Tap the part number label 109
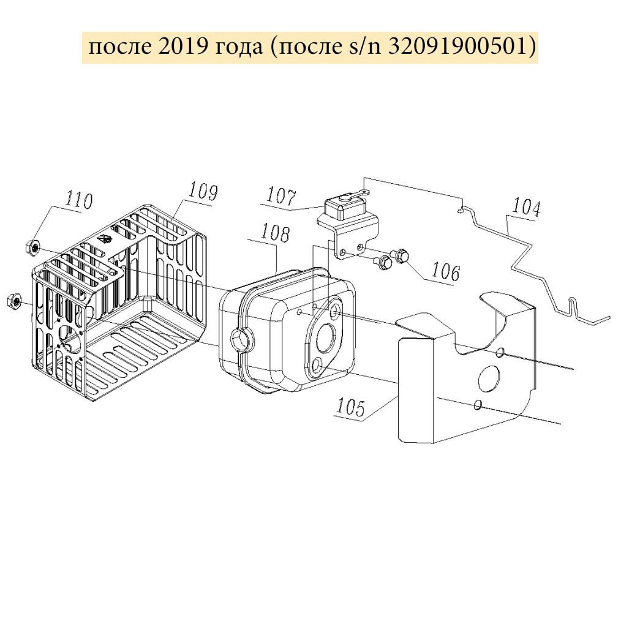point(203,191)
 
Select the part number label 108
point(275,233)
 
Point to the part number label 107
point(281,195)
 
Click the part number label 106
point(446,271)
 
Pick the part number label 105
point(350,407)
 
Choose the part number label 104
point(526,207)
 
